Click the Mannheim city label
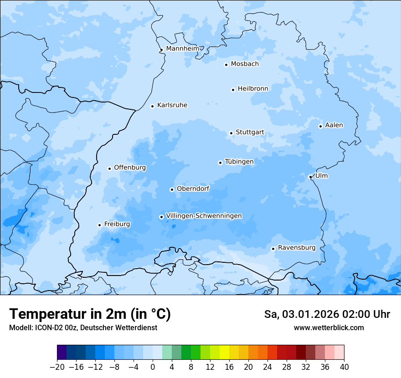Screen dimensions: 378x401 182,48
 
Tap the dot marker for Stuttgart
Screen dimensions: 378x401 231,133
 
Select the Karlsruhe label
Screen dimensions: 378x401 172,105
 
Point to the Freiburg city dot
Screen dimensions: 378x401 99,225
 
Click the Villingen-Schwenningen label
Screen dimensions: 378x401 204,216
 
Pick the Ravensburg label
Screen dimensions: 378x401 296,248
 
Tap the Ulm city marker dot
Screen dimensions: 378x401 310,177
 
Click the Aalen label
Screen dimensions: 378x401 334,125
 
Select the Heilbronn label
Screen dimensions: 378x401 253,89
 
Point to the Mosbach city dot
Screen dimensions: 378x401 226,65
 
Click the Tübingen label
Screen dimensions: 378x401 239,162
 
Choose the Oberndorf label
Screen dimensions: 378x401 193,189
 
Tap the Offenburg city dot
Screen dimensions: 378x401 109,169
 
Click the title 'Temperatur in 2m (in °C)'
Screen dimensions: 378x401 90,314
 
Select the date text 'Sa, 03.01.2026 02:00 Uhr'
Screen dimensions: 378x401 327,314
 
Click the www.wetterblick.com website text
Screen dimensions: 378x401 329,327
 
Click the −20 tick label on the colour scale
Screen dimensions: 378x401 57,367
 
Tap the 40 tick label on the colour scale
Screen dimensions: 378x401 344,367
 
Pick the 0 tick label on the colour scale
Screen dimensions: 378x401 153,367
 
